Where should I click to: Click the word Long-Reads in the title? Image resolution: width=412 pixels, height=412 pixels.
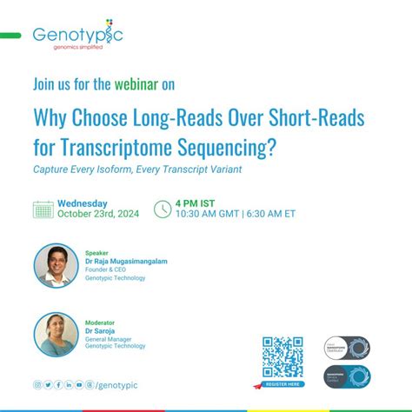pos(163,118)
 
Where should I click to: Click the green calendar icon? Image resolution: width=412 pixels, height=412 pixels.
pos(43,209)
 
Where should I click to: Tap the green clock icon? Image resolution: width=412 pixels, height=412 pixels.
pos(162,209)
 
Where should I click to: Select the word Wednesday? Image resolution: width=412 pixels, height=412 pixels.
pos(83,203)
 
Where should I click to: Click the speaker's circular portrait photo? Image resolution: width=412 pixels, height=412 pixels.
pos(57,266)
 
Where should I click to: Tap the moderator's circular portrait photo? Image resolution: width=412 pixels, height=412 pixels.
pos(57,334)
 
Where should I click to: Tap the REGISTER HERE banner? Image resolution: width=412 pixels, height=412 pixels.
pos(282,382)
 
